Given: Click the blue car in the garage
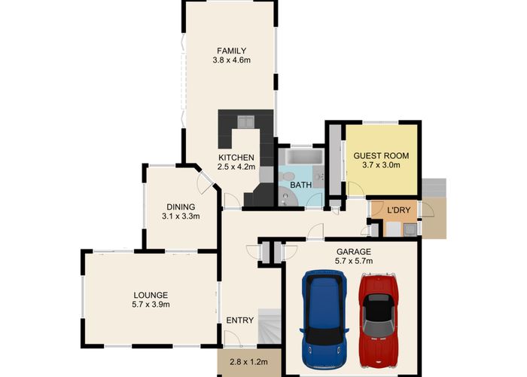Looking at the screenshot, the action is click(x=324, y=319).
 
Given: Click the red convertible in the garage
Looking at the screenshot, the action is click(x=379, y=320).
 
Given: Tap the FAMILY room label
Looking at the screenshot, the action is click(x=232, y=51).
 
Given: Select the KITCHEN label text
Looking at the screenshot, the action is click(x=236, y=157).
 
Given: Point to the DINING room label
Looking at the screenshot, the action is click(x=181, y=207).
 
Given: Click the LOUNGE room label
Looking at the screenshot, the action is click(x=151, y=296).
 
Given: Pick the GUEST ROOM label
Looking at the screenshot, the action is click(x=381, y=156).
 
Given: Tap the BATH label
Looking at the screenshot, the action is click(x=300, y=185).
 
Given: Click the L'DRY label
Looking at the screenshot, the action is click(x=399, y=210).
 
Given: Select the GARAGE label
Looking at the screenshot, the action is click(x=354, y=251).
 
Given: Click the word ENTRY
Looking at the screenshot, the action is click(x=239, y=320).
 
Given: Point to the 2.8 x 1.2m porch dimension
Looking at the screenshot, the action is click(x=248, y=362).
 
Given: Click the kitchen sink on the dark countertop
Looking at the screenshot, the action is click(x=245, y=121).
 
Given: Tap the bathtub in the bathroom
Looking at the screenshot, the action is click(x=301, y=157).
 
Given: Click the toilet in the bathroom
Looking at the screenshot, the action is click(x=286, y=176).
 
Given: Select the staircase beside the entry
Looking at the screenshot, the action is click(x=270, y=326).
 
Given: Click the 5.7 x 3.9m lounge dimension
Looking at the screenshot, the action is click(x=151, y=305).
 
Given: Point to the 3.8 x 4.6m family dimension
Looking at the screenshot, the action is click(x=232, y=60).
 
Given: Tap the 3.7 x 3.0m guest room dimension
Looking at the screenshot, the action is click(x=381, y=165).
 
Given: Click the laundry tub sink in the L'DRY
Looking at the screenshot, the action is click(x=410, y=230).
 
